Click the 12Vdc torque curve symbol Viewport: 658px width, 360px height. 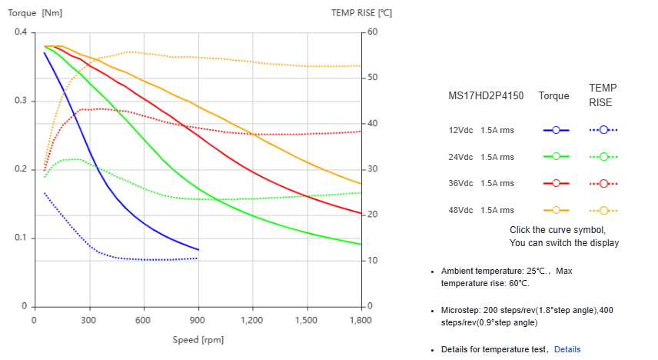click(556, 130)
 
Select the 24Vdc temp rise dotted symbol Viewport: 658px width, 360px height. click(603, 157)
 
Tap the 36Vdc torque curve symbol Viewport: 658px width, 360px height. click(556, 183)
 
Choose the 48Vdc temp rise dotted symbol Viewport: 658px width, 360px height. click(603, 210)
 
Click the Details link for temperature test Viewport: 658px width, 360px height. click(567, 349)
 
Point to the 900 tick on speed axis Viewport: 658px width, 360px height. click(198, 320)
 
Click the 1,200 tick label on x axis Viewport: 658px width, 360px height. click(252, 320)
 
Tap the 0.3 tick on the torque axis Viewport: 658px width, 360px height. click(21, 101)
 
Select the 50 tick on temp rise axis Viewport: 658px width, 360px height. click(372, 78)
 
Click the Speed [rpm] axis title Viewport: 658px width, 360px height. click(198, 339)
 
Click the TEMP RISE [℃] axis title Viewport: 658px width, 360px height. click(361, 13)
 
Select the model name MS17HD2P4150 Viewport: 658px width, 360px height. click(486, 96)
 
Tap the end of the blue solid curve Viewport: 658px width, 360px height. click(198, 250)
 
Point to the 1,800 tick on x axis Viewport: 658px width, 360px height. click(361, 320)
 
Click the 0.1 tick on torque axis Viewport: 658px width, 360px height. click(21, 238)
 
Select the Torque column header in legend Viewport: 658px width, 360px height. click(554, 96)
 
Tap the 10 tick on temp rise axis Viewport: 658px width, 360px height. click(372, 261)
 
